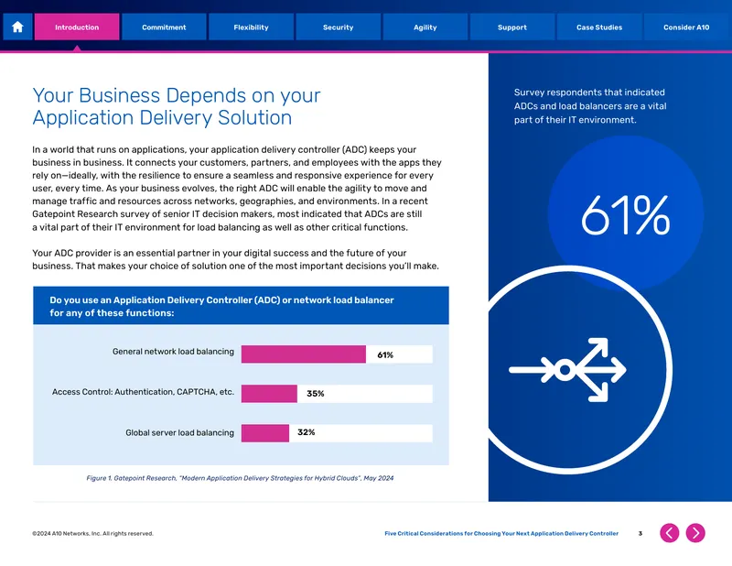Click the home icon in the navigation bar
click(17, 27)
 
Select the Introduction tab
click(77, 27)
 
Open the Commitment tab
click(164, 27)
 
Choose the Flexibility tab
click(251, 27)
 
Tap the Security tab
click(338, 27)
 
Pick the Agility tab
click(425, 27)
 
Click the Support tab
click(512, 27)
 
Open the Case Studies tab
click(599, 27)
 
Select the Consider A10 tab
click(686, 27)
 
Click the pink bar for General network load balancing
click(304, 354)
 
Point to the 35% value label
click(316, 394)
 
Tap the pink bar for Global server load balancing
click(265, 433)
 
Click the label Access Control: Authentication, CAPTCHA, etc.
click(143, 392)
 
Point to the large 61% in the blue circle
click(626, 215)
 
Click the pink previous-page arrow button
click(670, 533)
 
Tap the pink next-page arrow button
click(695, 533)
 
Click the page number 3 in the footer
click(640, 533)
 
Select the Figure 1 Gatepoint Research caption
click(240, 478)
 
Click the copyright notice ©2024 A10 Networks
click(92, 533)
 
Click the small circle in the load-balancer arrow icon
click(565, 370)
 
